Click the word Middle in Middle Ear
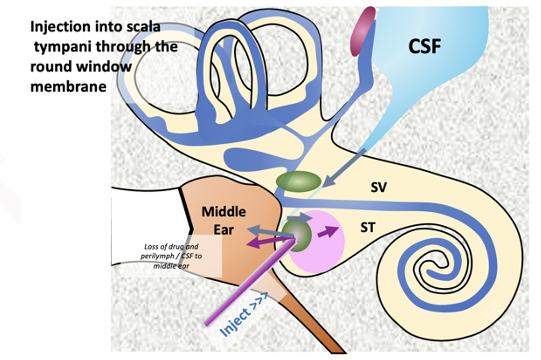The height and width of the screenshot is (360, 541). click(x=224, y=211)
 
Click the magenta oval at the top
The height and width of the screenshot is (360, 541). click(x=362, y=31)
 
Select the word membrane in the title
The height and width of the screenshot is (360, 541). click(x=68, y=86)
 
